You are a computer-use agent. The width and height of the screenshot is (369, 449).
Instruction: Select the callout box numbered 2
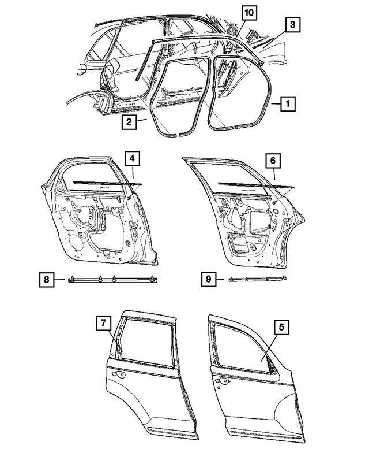(129, 122)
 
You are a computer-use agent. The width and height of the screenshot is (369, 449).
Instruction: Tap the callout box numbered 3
(293, 25)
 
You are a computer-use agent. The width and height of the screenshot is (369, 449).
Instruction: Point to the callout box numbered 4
(132, 158)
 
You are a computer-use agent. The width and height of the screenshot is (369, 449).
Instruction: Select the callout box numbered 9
(208, 280)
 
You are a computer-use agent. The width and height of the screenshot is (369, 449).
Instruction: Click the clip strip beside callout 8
(113, 280)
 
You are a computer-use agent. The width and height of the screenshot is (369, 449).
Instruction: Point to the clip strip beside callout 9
(258, 280)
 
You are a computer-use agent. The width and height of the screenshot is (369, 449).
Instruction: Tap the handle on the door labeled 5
(221, 382)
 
